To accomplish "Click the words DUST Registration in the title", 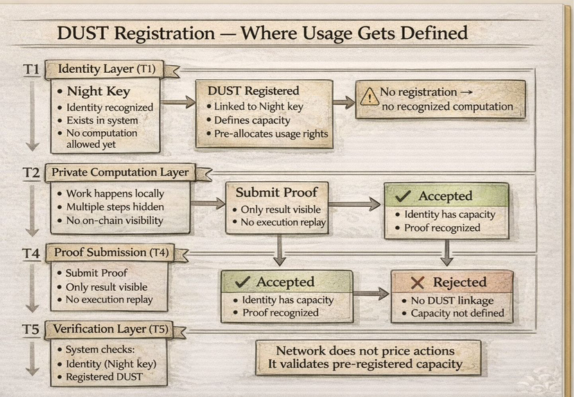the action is pyautogui.click(x=136, y=33).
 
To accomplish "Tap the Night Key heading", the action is pyautogui.click(x=98, y=91).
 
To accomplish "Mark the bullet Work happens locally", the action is pyautogui.click(x=114, y=194).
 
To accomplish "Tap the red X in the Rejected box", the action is pyautogui.click(x=417, y=282).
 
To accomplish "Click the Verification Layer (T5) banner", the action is pyautogui.click(x=110, y=328).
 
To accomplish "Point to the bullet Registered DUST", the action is pyautogui.click(x=104, y=377).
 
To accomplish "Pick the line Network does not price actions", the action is pyautogui.click(x=365, y=350).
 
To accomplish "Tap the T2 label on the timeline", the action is pyautogui.click(x=31, y=173).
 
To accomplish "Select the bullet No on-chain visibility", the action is pyautogui.click(x=114, y=221).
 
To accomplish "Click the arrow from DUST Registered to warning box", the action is pyautogui.click(x=342, y=103).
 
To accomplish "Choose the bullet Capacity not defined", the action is pyautogui.click(x=457, y=313).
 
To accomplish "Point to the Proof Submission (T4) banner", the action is pyautogui.click(x=110, y=252).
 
